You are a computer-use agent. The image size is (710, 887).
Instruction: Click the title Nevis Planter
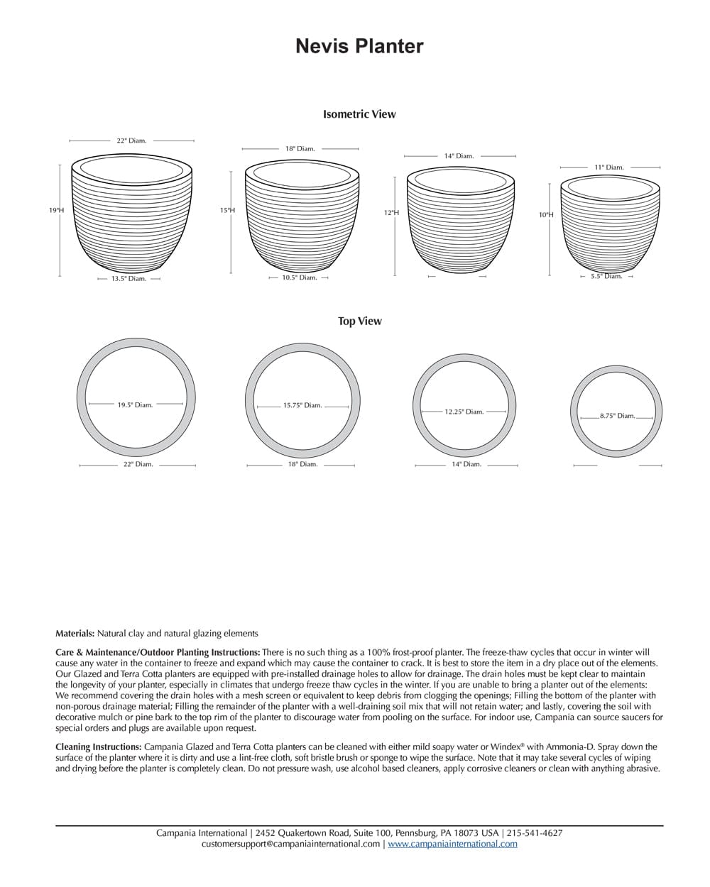coord(359,47)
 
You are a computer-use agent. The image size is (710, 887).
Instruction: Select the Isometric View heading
coord(359,114)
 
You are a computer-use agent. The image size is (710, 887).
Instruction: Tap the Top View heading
coord(359,321)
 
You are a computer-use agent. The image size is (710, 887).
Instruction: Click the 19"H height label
coord(56,211)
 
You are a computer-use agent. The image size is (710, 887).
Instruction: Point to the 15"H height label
coord(227,211)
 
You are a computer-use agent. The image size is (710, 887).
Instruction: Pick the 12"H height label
coord(391,213)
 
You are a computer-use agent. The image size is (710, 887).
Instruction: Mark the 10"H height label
coord(545,214)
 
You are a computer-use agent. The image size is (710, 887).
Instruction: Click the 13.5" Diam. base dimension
coord(129,279)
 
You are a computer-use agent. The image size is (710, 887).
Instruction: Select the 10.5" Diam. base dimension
coord(299,278)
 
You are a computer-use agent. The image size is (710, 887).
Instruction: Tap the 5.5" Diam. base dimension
coord(606,276)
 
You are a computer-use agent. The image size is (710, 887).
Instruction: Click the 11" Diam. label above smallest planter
coord(609,167)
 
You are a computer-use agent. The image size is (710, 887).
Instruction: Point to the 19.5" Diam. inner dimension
coord(135,405)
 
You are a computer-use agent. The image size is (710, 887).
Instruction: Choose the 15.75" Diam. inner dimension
coord(302,406)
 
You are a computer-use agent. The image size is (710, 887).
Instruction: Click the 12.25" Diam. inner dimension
coord(464,412)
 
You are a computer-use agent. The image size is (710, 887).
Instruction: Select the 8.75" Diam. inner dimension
coord(617,417)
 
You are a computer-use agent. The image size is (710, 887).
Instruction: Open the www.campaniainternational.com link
coord(452,844)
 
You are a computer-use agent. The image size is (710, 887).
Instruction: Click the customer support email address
coord(290,844)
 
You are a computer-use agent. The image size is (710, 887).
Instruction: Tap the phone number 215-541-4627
coord(535,833)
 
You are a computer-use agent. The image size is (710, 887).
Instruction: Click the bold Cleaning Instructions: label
coord(99,747)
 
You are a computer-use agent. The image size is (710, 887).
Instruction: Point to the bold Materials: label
coord(75,634)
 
